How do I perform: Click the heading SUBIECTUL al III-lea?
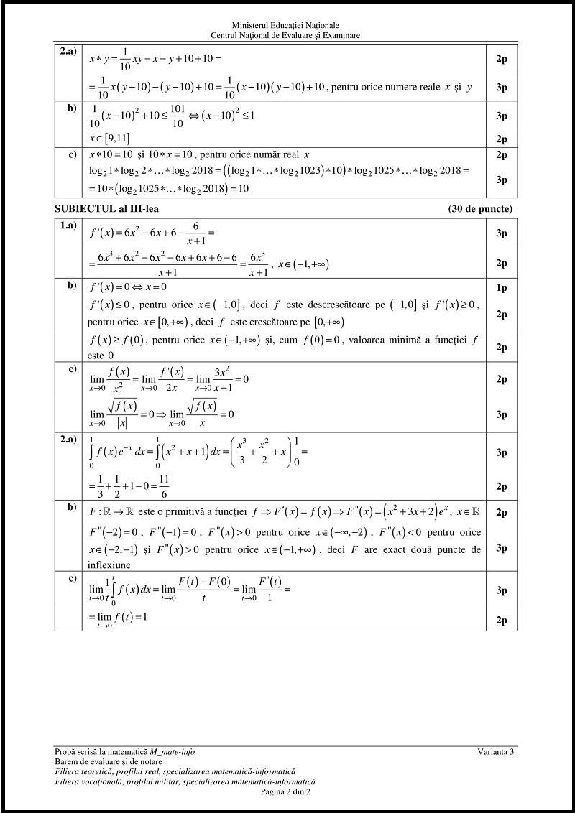point(107,209)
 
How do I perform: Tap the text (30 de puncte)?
point(479,209)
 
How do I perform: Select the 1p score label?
point(502,288)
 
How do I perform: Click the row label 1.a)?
point(68,226)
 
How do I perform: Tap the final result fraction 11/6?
point(164,487)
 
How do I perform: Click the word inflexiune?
point(113,565)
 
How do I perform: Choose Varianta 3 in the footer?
point(496,751)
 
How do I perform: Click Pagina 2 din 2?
point(286,791)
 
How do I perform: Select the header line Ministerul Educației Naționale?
point(286,25)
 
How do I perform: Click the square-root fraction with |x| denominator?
point(122,414)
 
